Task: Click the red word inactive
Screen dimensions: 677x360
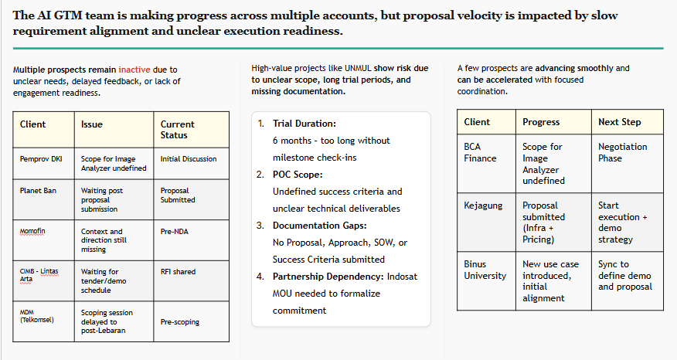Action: [x=134, y=70]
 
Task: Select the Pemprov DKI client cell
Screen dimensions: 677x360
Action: [x=43, y=164]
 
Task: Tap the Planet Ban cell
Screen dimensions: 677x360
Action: [x=43, y=199]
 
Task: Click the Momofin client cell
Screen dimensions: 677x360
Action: [x=43, y=240]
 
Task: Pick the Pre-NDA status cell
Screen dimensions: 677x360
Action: [x=191, y=240]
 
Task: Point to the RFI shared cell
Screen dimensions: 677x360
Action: [x=191, y=280]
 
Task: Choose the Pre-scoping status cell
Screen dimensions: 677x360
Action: [x=191, y=321]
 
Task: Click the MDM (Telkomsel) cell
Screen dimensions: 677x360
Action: [x=43, y=321]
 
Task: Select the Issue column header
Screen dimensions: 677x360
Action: [x=114, y=130]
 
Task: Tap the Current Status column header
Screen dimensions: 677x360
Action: [x=191, y=130]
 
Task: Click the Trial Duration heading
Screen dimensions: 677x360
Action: [x=304, y=124]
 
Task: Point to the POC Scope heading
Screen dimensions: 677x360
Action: [x=298, y=175]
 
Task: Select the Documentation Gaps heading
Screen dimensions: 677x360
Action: [x=319, y=226]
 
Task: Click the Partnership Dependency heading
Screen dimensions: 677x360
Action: [x=328, y=277]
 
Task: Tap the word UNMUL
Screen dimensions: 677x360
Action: [x=358, y=68]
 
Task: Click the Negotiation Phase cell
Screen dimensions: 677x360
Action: [x=628, y=164]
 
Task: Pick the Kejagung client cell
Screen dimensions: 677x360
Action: [x=486, y=222]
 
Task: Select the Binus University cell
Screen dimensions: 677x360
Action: [x=486, y=281]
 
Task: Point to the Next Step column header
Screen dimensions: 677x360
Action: [x=628, y=122]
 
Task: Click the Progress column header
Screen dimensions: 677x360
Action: [x=553, y=122]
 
